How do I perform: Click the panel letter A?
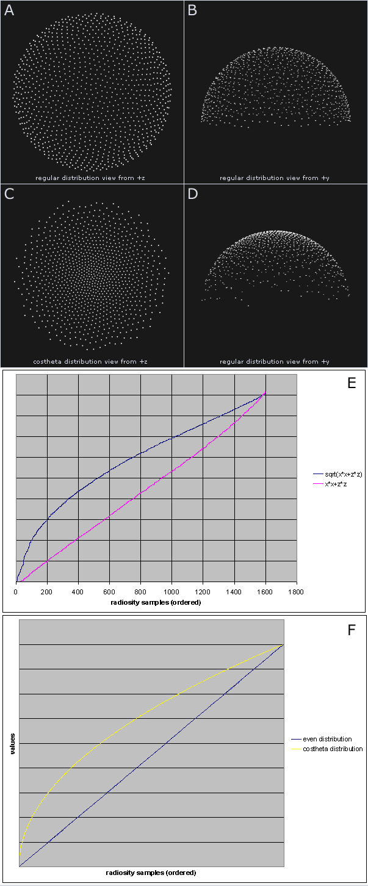(x=9, y=11)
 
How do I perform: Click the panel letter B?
(x=192, y=11)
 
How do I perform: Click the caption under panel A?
(x=92, y=178)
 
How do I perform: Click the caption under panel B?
(x=275, y=178)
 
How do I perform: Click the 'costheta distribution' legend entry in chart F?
(x=333, y=749)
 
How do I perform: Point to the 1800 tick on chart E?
(x=297, y=591)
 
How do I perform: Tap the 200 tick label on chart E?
(x=48, y=591)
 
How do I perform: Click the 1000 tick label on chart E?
(x=172, y=591)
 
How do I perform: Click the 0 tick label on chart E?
(x=16, y=591)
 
